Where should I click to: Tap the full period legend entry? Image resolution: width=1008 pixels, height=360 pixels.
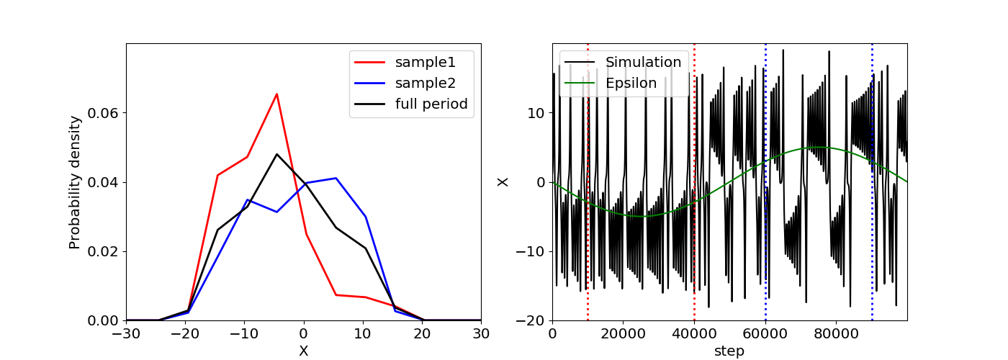point(411,104)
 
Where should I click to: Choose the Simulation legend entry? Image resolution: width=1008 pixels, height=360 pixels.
point(623,62)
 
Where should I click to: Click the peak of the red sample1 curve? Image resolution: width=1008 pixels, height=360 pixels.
point(276,94)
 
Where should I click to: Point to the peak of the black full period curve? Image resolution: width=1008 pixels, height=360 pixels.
point(276,154)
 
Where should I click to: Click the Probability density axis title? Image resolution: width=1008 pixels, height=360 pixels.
point(75,182)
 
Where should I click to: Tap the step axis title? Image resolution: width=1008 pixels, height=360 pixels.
point(729,351)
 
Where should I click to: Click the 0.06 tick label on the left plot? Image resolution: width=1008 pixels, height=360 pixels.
point(102,113)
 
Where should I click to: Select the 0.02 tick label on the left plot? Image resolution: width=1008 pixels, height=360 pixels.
point(102,251)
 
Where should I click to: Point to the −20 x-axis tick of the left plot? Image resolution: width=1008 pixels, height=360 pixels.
point(186,334)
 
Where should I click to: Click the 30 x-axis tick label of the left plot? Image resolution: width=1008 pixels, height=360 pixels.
point(481,334)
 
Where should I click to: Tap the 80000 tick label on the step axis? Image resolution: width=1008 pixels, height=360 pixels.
point(836,334)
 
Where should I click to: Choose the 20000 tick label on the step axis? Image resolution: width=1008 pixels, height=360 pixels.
point(624,334)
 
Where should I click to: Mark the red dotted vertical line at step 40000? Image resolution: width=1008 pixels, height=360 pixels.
point(694,182)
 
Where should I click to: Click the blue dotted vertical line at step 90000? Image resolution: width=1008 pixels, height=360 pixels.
point(872,182)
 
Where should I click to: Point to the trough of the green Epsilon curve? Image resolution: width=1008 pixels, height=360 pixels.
point(642,217)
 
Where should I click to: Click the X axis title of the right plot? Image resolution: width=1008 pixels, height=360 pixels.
point(503,182)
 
